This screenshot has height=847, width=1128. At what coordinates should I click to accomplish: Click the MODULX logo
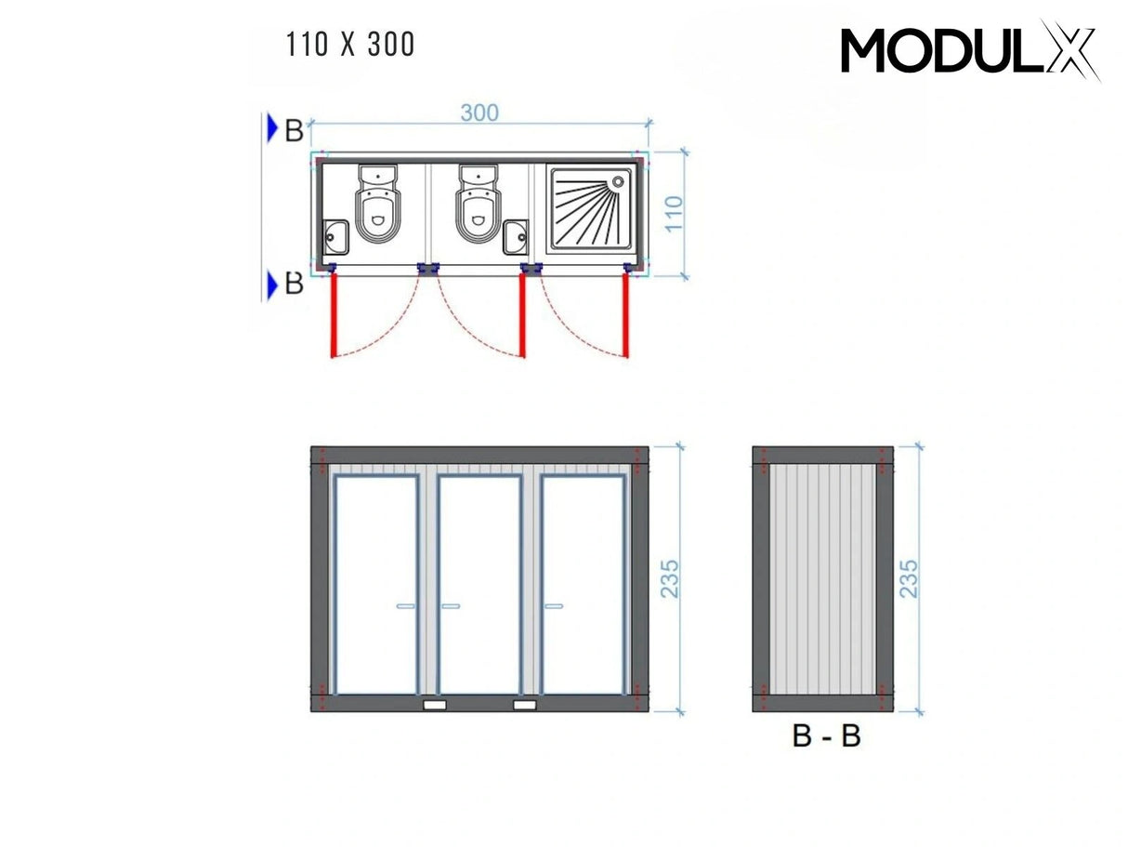[969, 50]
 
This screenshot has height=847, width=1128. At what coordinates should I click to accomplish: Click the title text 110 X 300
[351, 45]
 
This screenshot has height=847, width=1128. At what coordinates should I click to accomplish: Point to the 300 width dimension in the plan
[479, 112]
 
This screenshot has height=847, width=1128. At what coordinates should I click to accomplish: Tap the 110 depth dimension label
[675, 214]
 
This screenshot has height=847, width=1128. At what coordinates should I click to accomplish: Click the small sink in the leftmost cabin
[334, 237]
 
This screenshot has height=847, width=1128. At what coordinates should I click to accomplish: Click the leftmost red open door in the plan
[333, 316]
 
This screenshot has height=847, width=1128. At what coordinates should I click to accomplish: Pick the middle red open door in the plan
[522, 316]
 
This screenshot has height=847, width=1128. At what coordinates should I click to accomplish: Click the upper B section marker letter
[294, 131]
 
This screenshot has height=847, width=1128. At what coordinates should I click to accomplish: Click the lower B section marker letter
[294, 284]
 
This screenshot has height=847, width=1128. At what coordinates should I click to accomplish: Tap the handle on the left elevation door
[408, 606]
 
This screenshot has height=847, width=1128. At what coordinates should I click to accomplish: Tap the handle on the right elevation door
[554, 606]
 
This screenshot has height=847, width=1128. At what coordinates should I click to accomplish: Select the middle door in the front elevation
[479, 586]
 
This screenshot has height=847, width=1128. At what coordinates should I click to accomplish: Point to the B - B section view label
[826, 736]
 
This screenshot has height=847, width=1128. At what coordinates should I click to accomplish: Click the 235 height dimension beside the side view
[910, 578]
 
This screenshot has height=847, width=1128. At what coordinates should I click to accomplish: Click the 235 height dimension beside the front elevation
[672, 578]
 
